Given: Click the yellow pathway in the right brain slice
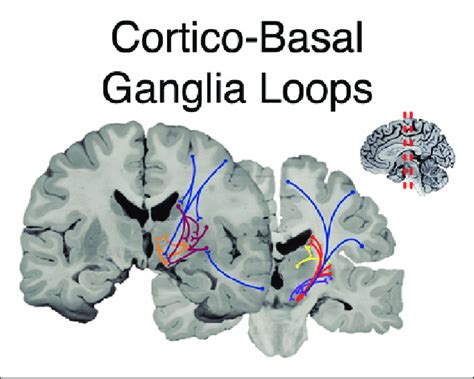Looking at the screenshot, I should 304,262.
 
